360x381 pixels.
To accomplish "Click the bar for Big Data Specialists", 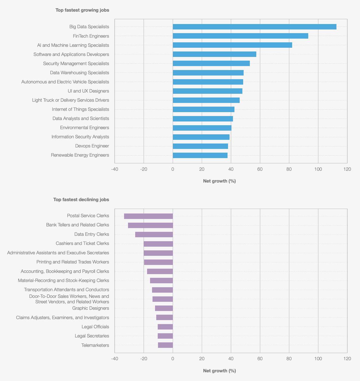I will [254, 27].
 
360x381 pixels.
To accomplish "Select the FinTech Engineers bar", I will [240, 36].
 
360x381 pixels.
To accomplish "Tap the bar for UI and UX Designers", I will [208, 91].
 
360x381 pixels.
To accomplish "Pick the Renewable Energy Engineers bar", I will [200, 155].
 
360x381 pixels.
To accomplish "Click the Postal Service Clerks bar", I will [148, 216].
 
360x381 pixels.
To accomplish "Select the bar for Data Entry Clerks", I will [154, 235].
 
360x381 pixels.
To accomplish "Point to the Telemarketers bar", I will [165, 345].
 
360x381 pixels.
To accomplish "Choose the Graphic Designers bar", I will [164, 308].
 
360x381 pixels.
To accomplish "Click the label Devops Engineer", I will [92, 146].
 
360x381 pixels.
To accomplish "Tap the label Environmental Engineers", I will [85, 128].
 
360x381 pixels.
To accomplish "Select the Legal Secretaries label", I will [92, 336].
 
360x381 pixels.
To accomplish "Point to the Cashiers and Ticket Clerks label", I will [82, 243].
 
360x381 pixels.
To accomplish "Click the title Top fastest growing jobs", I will [82, 10].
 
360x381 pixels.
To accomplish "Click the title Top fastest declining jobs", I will [81, 200].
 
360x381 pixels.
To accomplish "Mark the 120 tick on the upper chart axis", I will [347, 169].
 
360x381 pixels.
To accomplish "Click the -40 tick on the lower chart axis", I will [115, 359].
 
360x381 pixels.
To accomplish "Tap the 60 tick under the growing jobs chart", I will [260, 169].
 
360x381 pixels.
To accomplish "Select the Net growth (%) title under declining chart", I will [219, 371].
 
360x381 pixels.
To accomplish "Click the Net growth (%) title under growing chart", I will [219, 181].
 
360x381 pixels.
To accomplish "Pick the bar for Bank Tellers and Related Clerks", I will [150, 225].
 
